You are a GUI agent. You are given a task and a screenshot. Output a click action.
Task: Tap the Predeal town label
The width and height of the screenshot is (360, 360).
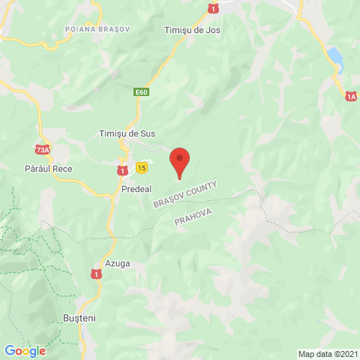tap(136, 190)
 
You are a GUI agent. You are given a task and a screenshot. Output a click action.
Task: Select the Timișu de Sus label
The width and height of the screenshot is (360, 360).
tap(127, 133)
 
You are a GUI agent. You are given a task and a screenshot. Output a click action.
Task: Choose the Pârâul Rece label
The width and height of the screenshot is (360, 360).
tap(48, 169)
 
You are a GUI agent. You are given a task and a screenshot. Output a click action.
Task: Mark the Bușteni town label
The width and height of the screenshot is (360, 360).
tap(80, 318)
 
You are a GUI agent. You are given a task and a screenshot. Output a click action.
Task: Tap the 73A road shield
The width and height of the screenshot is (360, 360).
tap(42, 150)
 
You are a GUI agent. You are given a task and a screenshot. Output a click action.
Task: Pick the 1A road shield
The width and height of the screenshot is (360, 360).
tap(351, 96)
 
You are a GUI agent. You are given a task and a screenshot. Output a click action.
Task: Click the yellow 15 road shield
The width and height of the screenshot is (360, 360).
tap(141, 167)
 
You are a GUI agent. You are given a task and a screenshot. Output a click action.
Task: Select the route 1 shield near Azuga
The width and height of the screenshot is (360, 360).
tap(96, 274)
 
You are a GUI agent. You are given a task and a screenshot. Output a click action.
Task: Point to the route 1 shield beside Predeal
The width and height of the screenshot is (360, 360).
tap(121, 171)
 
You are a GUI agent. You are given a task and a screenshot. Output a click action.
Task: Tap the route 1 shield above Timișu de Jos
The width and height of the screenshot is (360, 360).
tap(214, 7)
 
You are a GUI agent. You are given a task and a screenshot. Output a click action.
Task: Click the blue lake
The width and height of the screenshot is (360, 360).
tap(335, 57)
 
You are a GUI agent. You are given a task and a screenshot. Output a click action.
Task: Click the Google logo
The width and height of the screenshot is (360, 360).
tap(25, 350)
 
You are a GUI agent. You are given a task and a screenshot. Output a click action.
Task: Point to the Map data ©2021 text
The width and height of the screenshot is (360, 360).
tap(327, 354)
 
